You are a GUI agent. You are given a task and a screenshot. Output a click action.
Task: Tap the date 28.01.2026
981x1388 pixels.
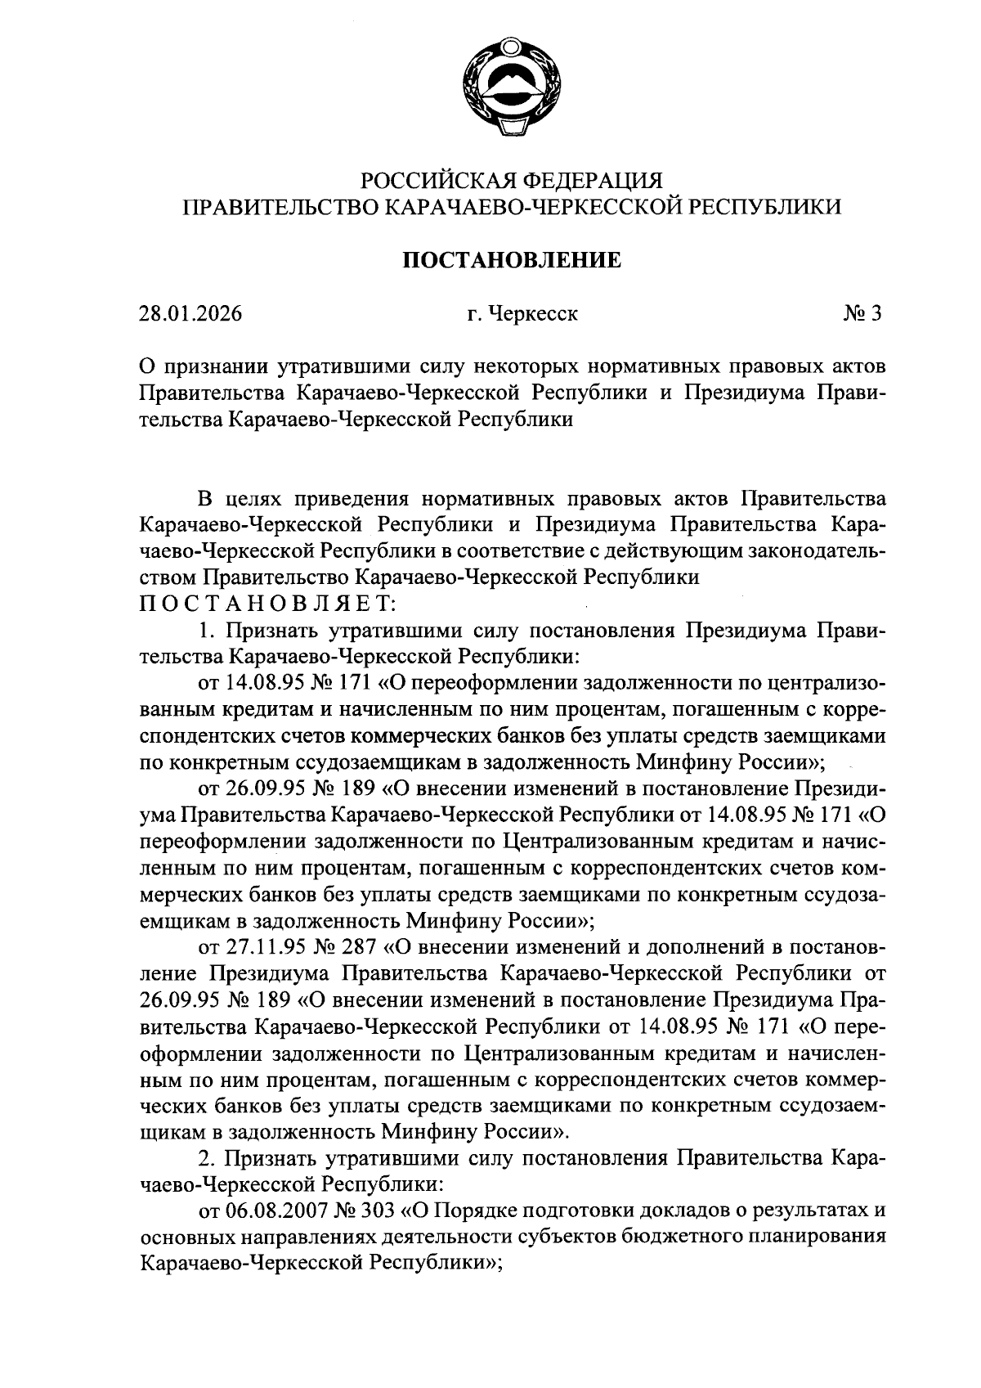point(190,314)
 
